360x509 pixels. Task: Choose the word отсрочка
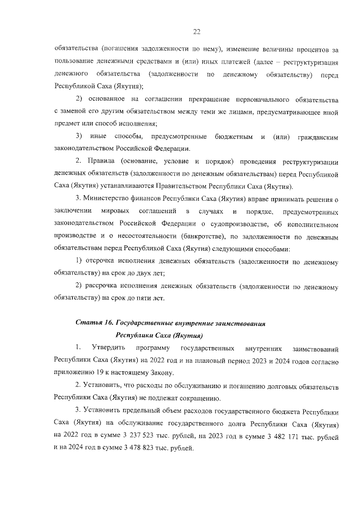pyautogui.click(x=100, y=262)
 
